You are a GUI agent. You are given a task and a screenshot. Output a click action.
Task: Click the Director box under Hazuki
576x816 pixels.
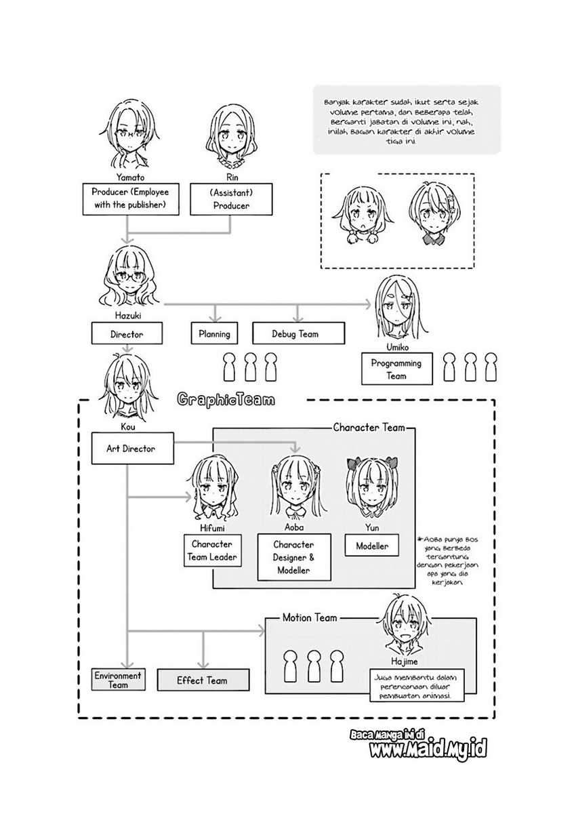click(127, 333)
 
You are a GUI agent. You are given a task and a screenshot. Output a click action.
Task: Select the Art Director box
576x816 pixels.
click(130, 449)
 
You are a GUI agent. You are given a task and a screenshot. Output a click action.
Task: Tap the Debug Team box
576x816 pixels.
click(298, 333)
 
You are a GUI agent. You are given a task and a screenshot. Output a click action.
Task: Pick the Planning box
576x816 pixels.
click(214, 333)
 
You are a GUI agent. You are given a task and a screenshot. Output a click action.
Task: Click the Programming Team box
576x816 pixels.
click(396, 369)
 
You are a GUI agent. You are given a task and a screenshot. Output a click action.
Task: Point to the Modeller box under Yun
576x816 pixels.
click(372, 546)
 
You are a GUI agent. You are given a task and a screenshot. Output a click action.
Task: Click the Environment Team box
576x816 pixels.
click(118, 680)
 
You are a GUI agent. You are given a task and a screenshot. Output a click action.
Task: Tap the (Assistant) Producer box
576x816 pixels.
click(231, 199)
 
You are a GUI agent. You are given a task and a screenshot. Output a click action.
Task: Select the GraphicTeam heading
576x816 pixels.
click(226, 400)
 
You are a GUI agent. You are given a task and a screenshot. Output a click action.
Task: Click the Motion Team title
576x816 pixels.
click(310, 617)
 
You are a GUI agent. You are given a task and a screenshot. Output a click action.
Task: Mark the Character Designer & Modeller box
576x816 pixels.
click(294, 557)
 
